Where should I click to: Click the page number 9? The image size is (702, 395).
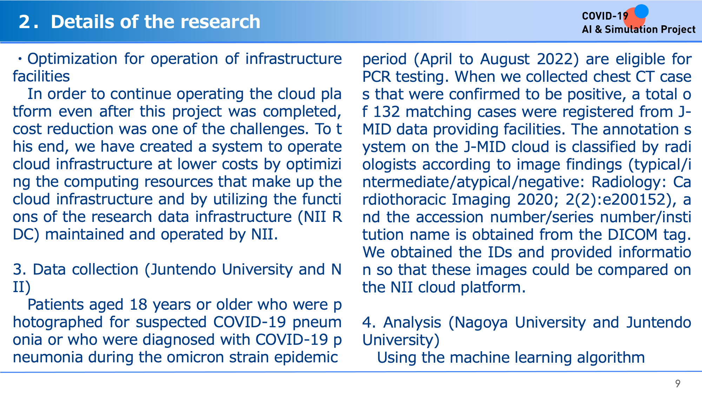(x=677, y=383)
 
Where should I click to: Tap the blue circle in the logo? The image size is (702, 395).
(x=641, y=11)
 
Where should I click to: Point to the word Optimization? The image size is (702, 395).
(x=72, y=59)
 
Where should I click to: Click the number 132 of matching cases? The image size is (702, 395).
(x=386, y=112)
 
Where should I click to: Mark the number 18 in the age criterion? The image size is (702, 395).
(x=138, y=305)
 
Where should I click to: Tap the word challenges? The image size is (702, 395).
(x=269, y=129)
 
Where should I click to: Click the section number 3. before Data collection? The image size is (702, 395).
(x=19, y=270)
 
